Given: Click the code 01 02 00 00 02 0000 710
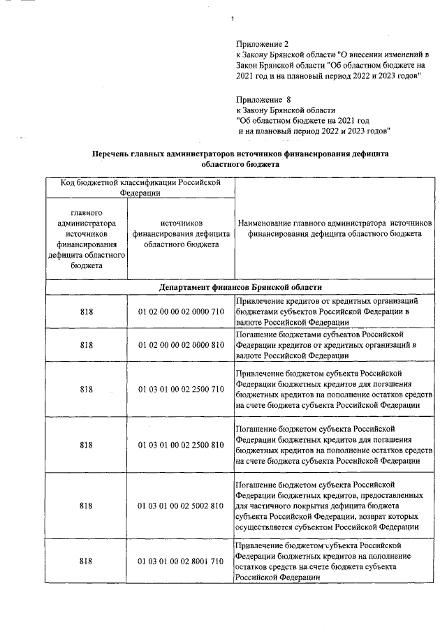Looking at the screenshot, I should click(181, 311).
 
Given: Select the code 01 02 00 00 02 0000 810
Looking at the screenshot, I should click(181, 345).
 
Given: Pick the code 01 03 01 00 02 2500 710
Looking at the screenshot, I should click(181, 389).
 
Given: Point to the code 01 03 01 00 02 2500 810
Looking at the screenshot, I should click(181, 444).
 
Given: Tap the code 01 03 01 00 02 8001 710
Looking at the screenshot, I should click(181, 561).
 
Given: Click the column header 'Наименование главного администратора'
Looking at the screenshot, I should click(335, 228).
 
